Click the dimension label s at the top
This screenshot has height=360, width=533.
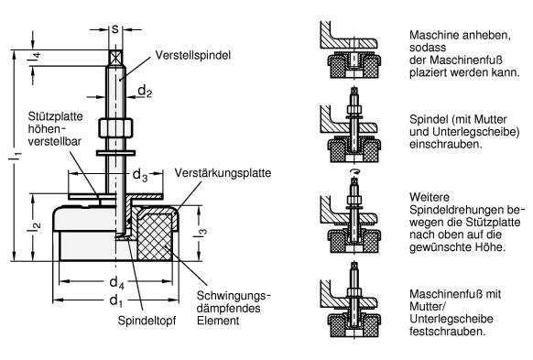[115, 29]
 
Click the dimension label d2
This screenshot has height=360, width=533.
[145, 91]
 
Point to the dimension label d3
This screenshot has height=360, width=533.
[140, 175]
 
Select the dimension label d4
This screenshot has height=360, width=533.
[116, 282]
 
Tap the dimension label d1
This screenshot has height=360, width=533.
[116, 301]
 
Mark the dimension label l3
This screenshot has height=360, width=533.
[201, 234]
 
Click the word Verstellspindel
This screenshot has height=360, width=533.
[193, 55]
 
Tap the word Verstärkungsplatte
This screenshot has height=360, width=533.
[223, 173]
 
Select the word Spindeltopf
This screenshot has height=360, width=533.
[147, 321]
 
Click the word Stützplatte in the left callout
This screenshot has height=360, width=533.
[55, 116]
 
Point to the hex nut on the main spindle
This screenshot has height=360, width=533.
[115, 128]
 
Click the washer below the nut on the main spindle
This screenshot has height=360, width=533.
[115, 153]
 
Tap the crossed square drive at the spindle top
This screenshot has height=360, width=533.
[115, 58]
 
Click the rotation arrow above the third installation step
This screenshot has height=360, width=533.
[355, 173]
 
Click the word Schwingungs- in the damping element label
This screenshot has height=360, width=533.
[234, 296]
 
